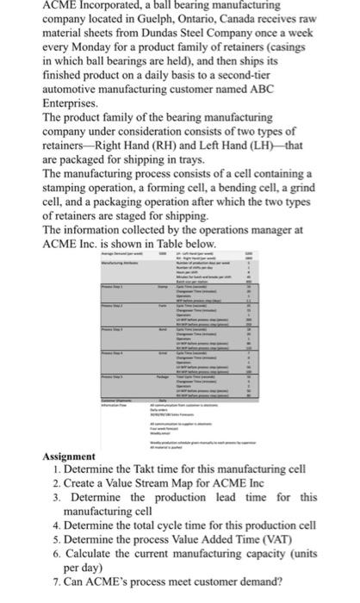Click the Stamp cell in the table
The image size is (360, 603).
161,284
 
